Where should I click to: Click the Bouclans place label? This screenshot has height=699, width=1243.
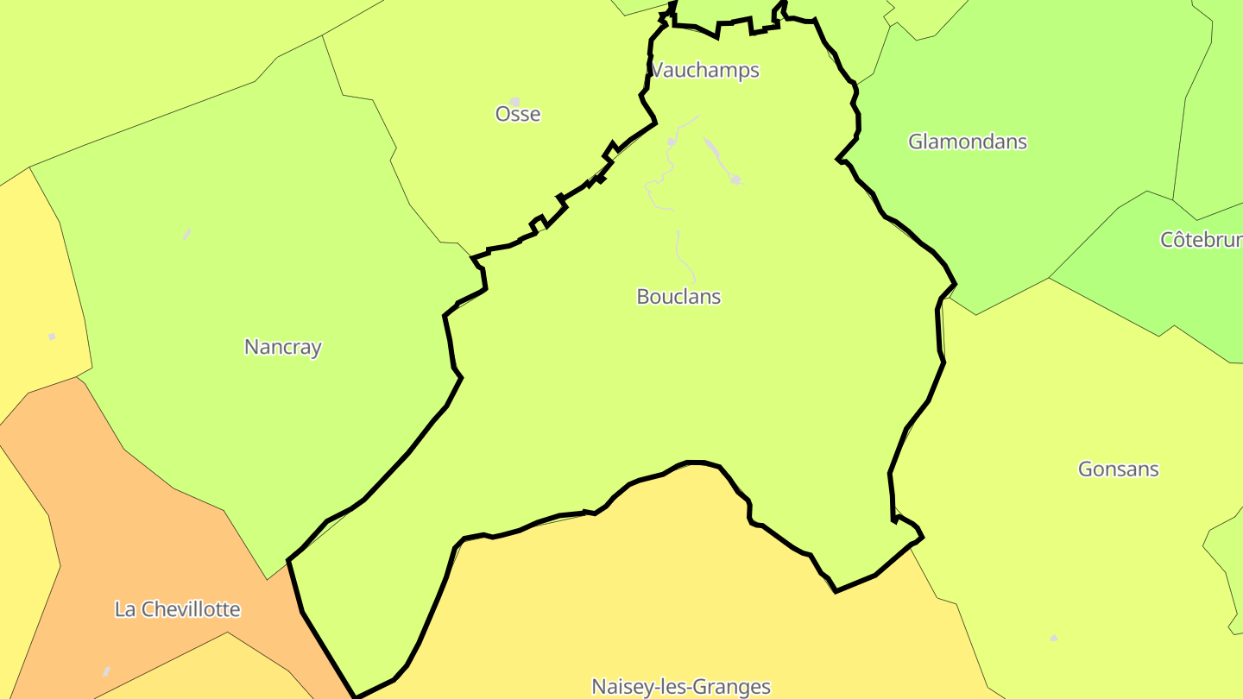[x=678, y=297]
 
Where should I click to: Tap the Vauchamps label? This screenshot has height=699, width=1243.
[x=704, y=70]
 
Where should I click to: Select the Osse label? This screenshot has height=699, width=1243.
[x=518, y=114]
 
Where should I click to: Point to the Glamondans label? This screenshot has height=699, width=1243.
[x=968, y=142]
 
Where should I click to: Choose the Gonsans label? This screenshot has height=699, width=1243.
[x=1118, y=469]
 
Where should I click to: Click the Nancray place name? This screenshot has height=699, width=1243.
[x=283, y=347]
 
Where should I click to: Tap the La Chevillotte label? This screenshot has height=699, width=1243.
[x=177, y=609]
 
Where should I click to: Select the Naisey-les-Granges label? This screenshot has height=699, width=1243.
[x=680, y=687]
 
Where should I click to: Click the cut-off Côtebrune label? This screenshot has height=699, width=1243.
[x=1201, y=240]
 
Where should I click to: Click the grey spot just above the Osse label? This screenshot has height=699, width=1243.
[x=515, y=102]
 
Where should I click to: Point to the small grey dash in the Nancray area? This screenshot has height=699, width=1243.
[x=187, y=234]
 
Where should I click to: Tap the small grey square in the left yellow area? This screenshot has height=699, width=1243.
[x=52, y=337]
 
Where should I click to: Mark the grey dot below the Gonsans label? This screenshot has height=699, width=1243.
[x=1054, y=638]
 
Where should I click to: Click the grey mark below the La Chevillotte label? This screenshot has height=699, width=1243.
[x=106, y=671]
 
